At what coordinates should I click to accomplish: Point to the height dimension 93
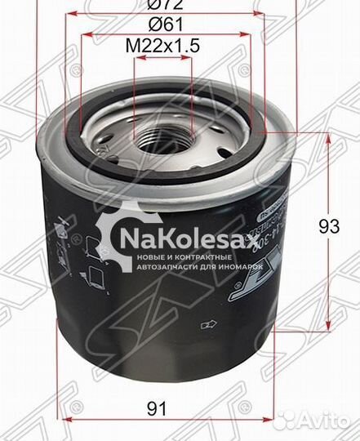[329, 228]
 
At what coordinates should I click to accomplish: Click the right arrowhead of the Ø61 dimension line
[251, 38]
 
